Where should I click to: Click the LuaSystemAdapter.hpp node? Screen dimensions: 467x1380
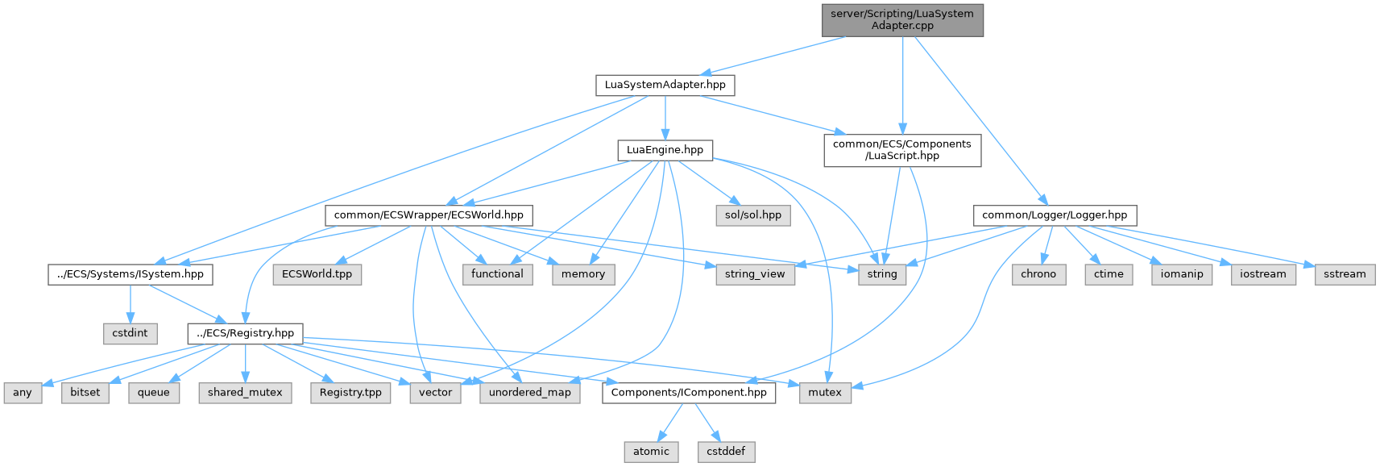pos(665,85)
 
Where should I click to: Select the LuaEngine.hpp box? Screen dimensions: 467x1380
pos(665,150)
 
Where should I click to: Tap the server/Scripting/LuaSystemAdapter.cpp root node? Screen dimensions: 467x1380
pos(902,19)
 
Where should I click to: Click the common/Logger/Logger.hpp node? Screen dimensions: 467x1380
pos(1055,215)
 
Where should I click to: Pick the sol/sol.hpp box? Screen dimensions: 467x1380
pos(752,215)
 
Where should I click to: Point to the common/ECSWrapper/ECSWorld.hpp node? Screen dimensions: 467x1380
pos(428,215)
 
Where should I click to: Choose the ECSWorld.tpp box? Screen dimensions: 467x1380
pos(317,274)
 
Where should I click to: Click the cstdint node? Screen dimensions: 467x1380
pos(130,333)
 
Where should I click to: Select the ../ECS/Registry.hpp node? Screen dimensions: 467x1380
pos(245,333)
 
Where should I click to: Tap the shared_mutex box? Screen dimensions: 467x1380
pos(245,393)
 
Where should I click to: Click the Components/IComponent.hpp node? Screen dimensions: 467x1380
pos(689,393)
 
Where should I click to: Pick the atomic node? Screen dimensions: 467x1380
pos(651,452)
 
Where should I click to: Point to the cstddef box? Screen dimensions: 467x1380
pos(726,452)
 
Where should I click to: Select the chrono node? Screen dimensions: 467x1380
pos(1038,274)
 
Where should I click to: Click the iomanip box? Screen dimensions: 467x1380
pos(1182,274)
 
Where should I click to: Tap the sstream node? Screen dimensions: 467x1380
pos(1345,274)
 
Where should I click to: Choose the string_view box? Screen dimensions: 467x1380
pos(754,274)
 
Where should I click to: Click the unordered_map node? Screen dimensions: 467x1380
pos(529,393)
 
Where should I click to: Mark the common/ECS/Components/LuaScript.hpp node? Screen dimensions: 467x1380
pos(902,150)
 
